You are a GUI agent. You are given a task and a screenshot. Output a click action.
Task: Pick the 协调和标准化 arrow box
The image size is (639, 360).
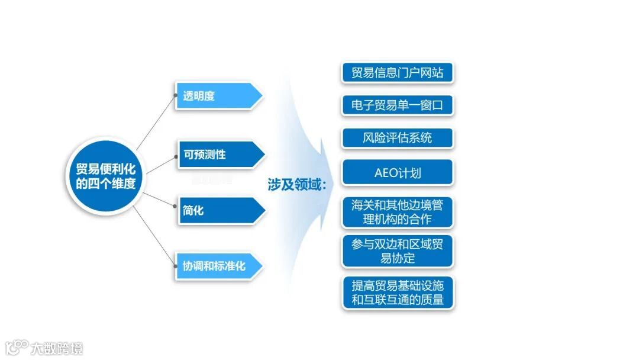pos(218,266)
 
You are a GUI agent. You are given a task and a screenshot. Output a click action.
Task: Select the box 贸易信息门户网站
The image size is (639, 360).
pos(397,73)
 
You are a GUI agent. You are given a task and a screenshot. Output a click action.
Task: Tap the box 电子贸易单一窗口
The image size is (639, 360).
pos(397,106)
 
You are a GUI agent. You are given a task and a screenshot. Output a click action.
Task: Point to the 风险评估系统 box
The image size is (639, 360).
pos(397,139)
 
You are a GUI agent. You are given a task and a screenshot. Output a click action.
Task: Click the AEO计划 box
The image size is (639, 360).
pos(397,173)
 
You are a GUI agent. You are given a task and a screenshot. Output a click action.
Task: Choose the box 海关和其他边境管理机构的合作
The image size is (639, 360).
pos(397,212)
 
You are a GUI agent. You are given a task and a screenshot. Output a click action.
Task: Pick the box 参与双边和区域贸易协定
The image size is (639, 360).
pos(397,251)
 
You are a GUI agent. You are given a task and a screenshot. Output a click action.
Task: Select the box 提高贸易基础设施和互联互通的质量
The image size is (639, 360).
pos(397,292)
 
